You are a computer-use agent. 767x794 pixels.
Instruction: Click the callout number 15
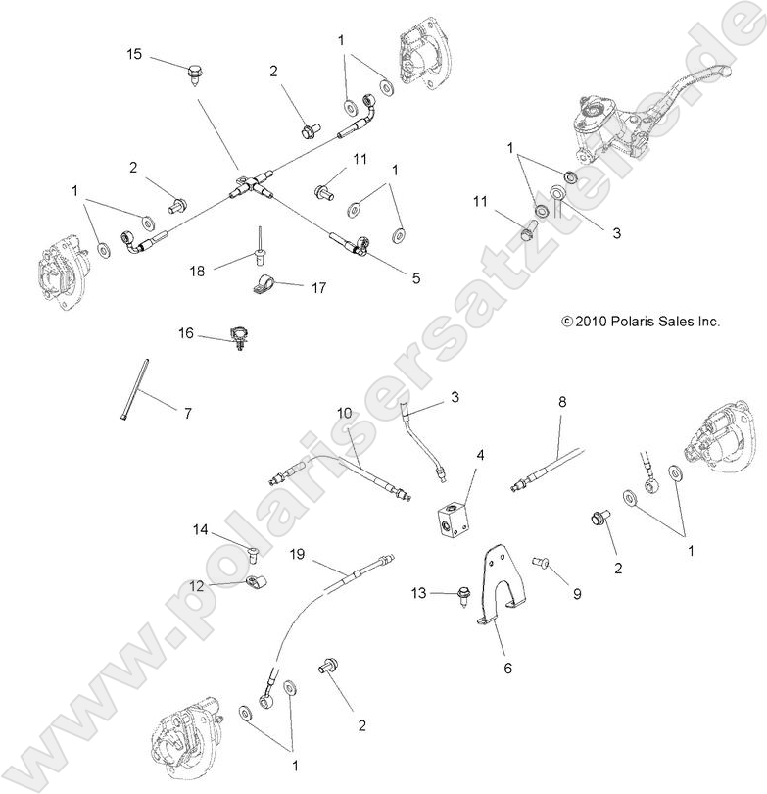(x=135, y=53)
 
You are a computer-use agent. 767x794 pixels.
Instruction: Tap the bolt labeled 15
(x=194, y=72)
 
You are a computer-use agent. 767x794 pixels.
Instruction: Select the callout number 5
(x=415, y=278)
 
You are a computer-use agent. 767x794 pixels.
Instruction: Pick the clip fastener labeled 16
(x=237, y=337)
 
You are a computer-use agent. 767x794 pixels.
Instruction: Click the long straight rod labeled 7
(x=136, y=390)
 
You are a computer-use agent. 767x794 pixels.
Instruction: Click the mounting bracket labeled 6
(x=503, y=588)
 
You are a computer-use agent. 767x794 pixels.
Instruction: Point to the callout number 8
(x=562, y=401)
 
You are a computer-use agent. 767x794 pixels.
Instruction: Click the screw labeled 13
(x=462, y=593)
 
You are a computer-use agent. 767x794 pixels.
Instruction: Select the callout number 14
(x=200, y=530)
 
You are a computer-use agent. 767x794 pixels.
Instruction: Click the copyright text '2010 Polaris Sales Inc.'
(x=641, y=321)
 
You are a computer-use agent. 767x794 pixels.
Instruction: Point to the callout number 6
(x=506, y=668)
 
